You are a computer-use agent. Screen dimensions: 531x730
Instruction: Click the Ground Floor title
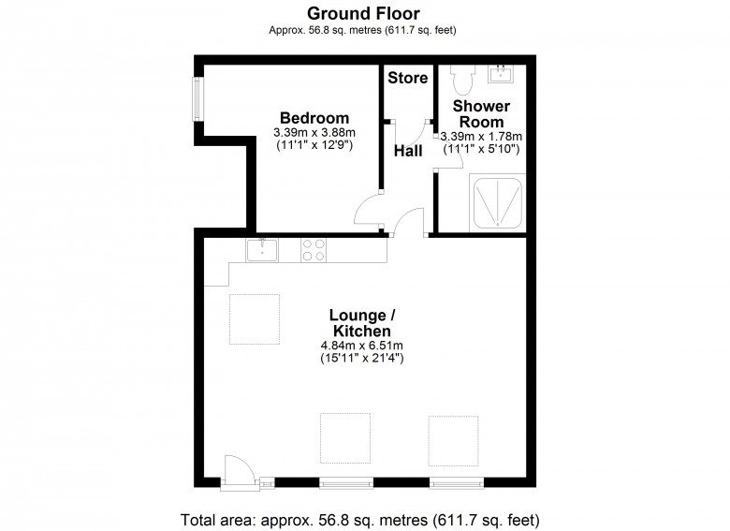click(x=364, y=13)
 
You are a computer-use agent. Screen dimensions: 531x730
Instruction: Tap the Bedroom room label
click(x=314, y=118)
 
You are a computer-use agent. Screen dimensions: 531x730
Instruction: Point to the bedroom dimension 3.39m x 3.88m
click(x=314, y=133)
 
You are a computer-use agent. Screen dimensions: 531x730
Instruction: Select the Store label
click(x=407, y=78)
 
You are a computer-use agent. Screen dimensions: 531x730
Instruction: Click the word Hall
click(x=407, y=149)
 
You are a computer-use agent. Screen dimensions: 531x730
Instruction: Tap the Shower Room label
click(x=480, y=114)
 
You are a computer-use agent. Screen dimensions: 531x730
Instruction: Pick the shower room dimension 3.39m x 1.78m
click(x=480, y=136)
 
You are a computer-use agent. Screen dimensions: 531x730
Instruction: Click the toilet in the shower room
click(x=459, y=74)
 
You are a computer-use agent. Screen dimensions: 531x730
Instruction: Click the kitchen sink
click(x=264, y=249)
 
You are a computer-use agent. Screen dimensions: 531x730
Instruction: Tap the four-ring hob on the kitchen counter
click(x=314, y=249)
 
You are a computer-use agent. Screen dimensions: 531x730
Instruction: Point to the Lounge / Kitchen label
click(x=361, y=323)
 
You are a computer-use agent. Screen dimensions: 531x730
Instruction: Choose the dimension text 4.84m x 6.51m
click(x=361, y=346)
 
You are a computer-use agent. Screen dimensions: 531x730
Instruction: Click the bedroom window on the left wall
click(x=197, y=98)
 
